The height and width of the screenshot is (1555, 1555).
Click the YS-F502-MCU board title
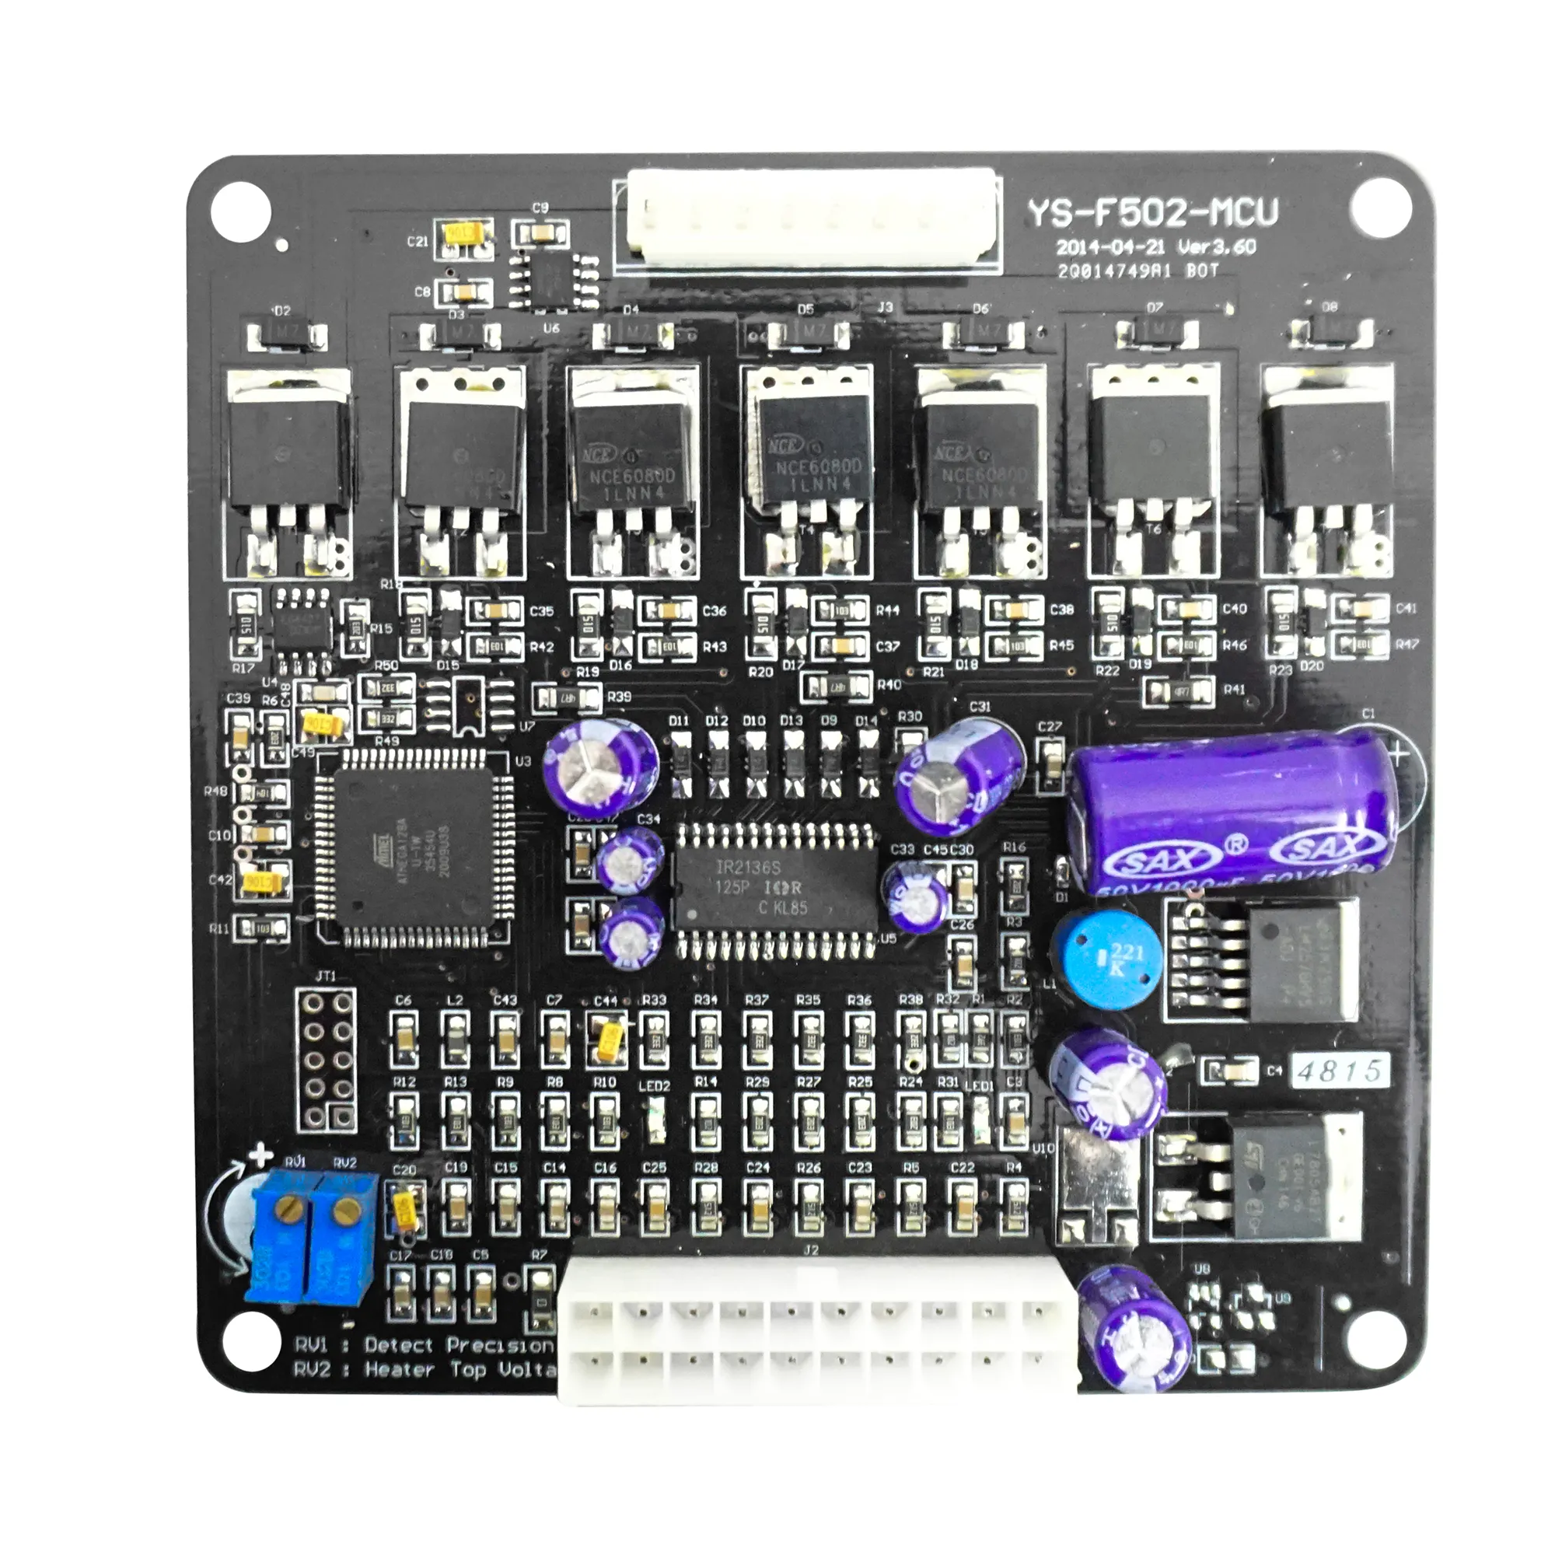(x=1151, y=213)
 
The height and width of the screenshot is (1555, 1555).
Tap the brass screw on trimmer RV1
(x=288, y=1207)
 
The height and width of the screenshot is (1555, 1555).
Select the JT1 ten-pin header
(x=326, y=1059)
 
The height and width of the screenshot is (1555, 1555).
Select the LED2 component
(x=655, y=1121)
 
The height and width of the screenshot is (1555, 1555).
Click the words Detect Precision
(x=459, y=1345)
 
